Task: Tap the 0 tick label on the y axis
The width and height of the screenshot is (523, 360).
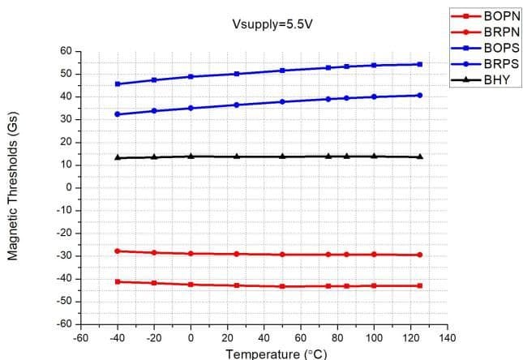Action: coord(71,187)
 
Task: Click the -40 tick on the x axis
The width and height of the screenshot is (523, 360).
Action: coord(118,337)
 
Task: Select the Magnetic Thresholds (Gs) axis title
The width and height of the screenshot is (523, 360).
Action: coord(14,187)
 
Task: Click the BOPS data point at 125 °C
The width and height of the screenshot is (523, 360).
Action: coord(420,64)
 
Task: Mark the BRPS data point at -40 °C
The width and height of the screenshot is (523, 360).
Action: coord(118,114)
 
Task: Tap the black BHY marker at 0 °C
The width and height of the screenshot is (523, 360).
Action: coord(191,156)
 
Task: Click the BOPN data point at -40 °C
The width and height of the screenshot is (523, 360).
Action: coord(118,281)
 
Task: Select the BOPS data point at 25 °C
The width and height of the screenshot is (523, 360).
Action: coord(237,74)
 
